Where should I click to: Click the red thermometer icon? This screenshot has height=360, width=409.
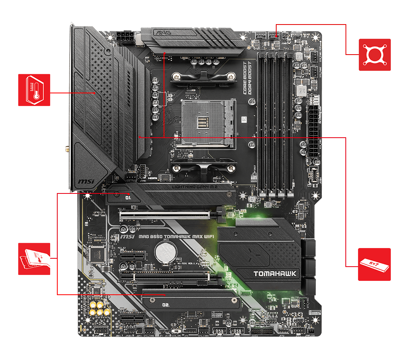[34, 90]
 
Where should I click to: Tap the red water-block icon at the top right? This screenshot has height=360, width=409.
[375, 55]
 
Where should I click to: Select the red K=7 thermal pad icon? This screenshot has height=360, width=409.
[374, 264]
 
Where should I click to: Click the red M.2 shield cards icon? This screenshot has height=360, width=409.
[34, 259]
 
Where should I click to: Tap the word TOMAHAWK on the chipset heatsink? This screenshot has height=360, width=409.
[269, 273]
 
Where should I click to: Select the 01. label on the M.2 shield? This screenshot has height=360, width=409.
[128, 197]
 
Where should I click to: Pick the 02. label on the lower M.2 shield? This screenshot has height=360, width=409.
[166, 305]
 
